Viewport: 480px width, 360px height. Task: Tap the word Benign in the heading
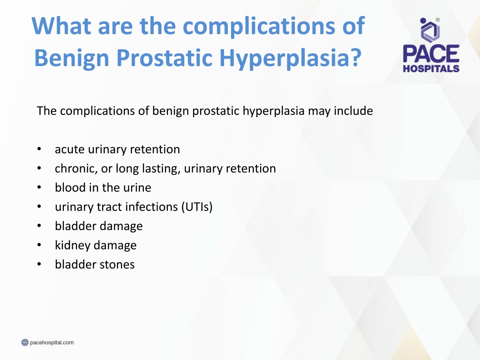coord(72,58)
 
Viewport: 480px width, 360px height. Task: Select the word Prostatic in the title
coord(165,58)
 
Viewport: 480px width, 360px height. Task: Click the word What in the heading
coord(61,26)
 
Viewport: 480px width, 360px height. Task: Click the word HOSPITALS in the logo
coord(431,68)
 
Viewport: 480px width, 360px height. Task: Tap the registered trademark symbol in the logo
coord(438,20)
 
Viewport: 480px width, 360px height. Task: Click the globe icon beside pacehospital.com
coord(25,342)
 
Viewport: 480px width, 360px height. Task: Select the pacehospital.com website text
coord(52,342)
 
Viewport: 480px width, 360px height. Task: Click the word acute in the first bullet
coord(70,150)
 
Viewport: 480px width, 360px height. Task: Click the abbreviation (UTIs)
coord(197,207)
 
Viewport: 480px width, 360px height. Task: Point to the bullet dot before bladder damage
coord(39,226)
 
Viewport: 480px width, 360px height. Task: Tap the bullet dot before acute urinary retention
coord(39,149)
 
